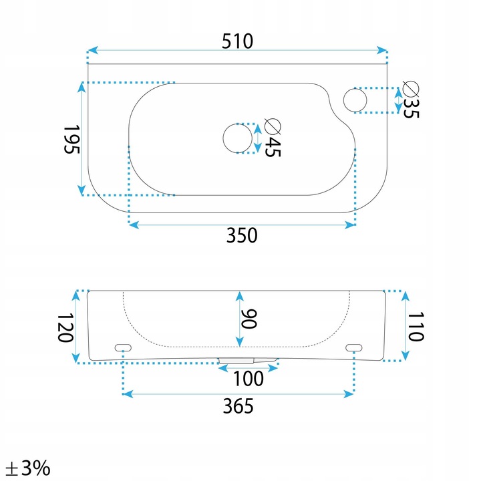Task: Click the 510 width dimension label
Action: pyautogui.click(x=237, y=41)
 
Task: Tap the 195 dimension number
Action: pyautogui.click(x=71, y=139)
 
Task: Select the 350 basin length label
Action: pyautogui.click(x=242, y=235)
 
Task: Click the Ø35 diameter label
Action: pyautogui.click(x=411, y=100)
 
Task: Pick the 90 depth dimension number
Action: pyautogui.click(x=249, y=319)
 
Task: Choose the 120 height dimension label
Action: pyautogui.click(x=65, y=327)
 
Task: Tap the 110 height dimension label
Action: pyautogui.click(x=416, y=327)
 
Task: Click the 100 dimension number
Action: pyautogui.click(x=249, y=379)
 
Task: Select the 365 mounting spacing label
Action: pyautogui.click(x=238, y=406)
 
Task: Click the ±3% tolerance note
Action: pyautogui.click(x=28, y=468)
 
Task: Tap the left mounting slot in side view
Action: pyautogui.click(x=123, y=347)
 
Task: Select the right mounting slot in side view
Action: pyautogui.click(x=353, y=347)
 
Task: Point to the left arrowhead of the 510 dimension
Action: pyautogui.click(x=93, y=50)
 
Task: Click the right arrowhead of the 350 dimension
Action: pyautogui.click(x=350, y=225)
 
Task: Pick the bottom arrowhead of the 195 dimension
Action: pyautogui.click(x=82, y=190)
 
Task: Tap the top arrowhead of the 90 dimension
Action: pyautogui.click(x=240, y=297)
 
